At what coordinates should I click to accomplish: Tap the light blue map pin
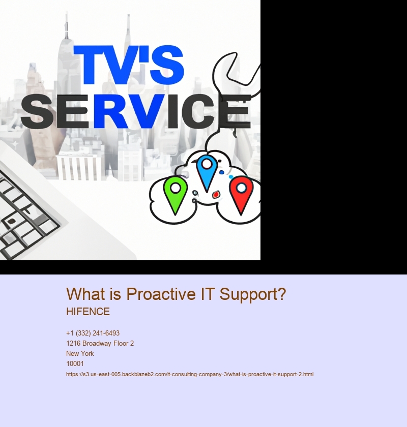pyautogui.click(x=207, y=172)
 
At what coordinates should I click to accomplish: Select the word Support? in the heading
pyautogui.click(x=253, y=294)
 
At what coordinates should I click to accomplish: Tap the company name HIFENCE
pyautogui.click(x=88, y=312)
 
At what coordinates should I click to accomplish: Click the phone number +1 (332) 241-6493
pyautogui.click(x=93, y=333)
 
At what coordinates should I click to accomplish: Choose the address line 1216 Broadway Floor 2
pyautogui.click(x=100, y=343)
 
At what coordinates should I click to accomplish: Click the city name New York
pyautogui.click(x=80, y=353)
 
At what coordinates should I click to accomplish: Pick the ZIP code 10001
pyautogui.click(x=75, y=363)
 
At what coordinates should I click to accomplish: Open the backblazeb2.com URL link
pyautogui.click(x=190, y=374)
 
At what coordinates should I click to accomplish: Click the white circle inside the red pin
pyautogui.click(x=241, y=188)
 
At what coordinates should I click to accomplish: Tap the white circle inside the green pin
pyautogui.click(x=176, y=188)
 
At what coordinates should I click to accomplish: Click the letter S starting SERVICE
pyautogui.click(x=37, y=112)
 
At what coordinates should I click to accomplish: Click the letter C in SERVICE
pyautogui.click(x=196, y=111)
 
